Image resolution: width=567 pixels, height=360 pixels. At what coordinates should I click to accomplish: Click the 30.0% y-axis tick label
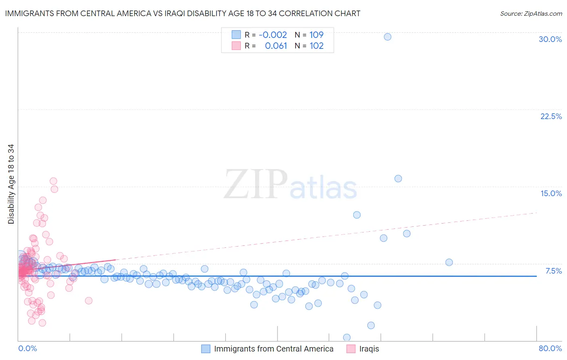click(550, 39)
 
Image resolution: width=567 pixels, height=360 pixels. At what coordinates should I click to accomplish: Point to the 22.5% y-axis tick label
click(551, 116)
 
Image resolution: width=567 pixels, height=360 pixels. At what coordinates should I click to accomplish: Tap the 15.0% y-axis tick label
click(551, 193)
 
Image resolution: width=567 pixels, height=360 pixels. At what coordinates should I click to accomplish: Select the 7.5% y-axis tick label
click(553, 271)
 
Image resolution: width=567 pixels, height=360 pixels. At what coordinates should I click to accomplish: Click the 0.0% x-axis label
click(27, 348)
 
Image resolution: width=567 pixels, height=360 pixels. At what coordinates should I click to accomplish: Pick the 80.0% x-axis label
click(550, 348)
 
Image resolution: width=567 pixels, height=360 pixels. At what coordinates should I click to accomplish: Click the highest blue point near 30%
click(388, 37)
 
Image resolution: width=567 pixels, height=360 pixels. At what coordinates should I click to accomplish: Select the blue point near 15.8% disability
click(398, 178)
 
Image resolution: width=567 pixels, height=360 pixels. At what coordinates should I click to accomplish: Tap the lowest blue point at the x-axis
click(347, 337)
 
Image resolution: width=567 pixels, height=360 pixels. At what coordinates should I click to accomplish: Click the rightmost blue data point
click(449, 262)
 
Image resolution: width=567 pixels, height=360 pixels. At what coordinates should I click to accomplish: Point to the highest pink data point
click(53, 181)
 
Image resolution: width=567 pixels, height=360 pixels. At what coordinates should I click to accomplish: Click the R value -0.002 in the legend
click(273, 35)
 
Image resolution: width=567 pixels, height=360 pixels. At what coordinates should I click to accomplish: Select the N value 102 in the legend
click(317, 46)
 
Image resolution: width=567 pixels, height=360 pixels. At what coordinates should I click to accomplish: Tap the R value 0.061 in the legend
click(276, 46)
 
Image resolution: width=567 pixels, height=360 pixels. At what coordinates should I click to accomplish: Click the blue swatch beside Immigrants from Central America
click(206, 349)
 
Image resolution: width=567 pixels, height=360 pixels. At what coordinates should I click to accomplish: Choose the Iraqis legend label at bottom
click(369, 349)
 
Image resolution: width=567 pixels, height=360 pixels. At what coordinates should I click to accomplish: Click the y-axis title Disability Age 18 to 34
click(11, 184)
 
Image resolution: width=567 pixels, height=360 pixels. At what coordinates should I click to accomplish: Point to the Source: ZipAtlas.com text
click(531, 13)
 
